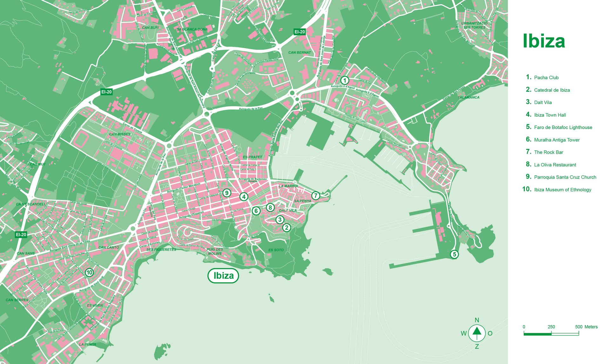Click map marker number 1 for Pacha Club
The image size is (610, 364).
tap(344, 80)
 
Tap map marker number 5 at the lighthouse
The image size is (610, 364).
tap(454, 254)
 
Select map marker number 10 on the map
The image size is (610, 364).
tap(89, 272)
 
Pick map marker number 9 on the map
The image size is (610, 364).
tap(227, 193)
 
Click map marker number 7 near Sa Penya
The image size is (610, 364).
tap(315, 195)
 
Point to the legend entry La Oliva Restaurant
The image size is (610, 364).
tap(555, 165)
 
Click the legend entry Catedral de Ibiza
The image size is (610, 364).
tap(552, 90)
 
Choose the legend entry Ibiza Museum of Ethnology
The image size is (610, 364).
tap(562, 190)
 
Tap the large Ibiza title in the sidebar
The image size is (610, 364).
tap(544, 42)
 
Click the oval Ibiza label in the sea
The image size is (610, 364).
tap(223, 276)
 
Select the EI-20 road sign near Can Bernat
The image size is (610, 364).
tap(300, 32)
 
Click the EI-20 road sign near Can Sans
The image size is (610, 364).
tap(21, 235)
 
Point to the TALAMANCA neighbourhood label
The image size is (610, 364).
tap(469, 97)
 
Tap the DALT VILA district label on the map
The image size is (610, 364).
tap(288, 210)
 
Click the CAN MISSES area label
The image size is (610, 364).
tap(120, 134)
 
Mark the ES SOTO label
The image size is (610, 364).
tap(276, 250)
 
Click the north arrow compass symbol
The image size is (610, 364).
tap(477, 333)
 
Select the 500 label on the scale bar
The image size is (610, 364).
tap(579, 327)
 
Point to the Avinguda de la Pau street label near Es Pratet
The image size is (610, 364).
tap(251, 109)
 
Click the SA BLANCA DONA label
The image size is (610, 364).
tap(192, 29)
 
